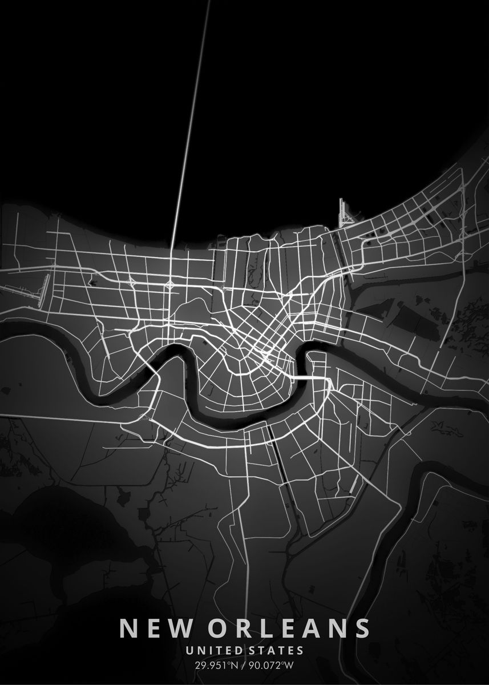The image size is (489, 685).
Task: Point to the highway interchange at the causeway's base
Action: [x=170, y=284]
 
